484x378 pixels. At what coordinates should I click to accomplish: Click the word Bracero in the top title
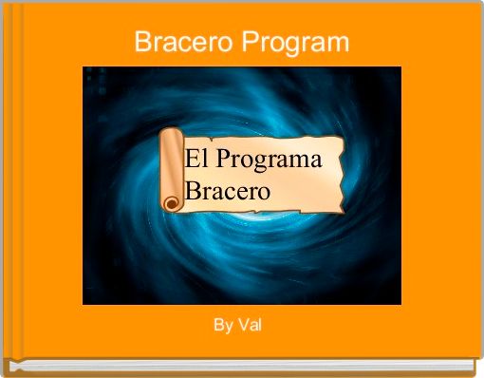point(183,43)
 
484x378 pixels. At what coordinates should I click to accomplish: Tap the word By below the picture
point(223,325)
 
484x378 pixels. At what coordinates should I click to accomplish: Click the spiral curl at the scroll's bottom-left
point(170,202)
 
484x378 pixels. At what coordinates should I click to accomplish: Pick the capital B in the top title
point(142,43)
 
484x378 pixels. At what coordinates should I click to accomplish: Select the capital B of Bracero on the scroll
point(193,191)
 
